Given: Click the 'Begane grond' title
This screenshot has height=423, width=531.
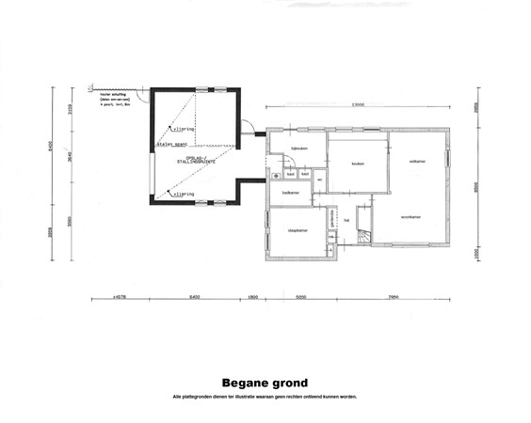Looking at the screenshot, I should coord(265,383).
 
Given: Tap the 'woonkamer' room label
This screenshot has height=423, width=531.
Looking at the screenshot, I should coord(410,217).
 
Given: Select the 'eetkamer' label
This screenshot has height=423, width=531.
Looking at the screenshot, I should coord(417,162).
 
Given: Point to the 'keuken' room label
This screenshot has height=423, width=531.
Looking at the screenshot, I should coord(358,164).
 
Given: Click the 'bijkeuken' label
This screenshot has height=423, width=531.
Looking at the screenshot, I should coord(300,149).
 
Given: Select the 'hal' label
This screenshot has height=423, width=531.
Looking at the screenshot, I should coord(347,221).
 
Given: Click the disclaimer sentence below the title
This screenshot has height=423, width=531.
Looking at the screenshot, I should coord(265,396).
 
